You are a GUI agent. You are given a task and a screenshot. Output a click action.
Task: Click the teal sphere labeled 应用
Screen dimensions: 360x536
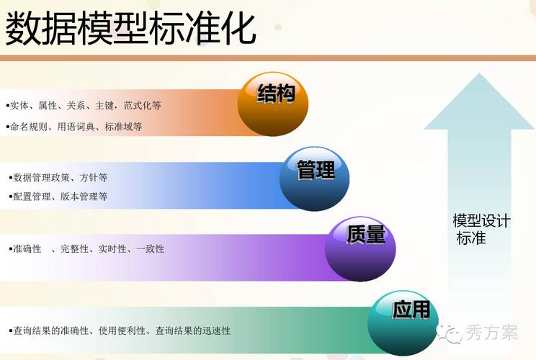[403, 320]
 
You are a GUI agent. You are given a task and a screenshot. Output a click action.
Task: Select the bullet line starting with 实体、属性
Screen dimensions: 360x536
[84, 105]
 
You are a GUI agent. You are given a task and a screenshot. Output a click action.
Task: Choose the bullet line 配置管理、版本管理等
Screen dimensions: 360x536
[61, 196]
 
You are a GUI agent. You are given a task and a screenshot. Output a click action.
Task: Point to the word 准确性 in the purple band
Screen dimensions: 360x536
[27, 249]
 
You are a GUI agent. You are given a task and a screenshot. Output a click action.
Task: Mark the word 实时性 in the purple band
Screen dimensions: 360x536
[112, 249]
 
